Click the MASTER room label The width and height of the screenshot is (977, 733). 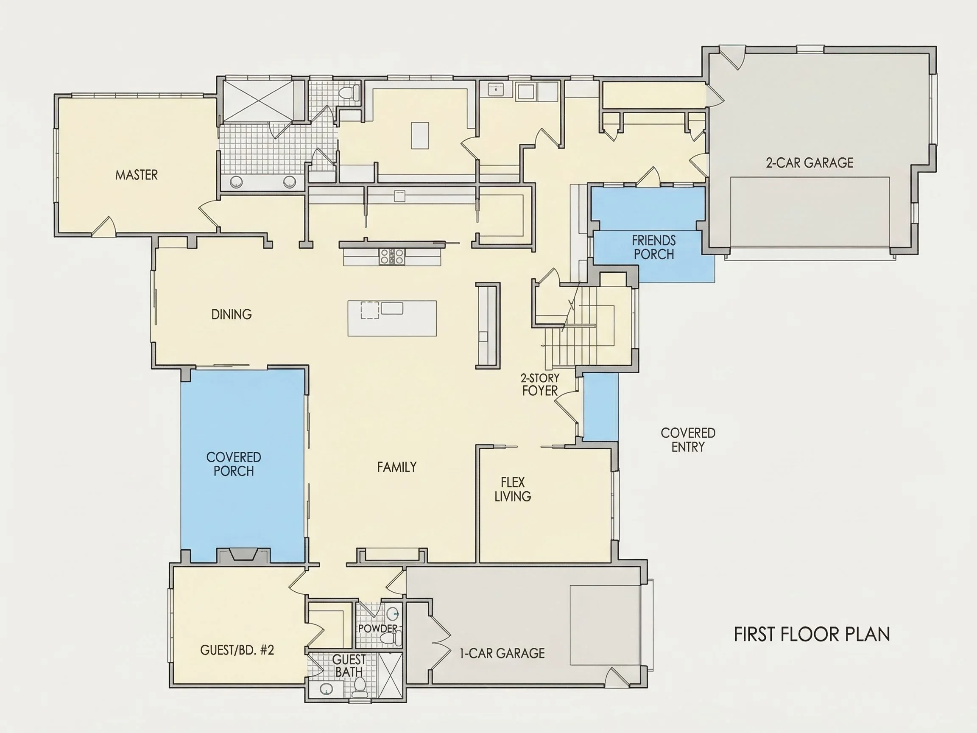click(x=137, y=175)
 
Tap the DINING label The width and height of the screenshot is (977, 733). click(x=232, y=314)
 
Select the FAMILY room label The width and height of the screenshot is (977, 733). click(x=396, y=467)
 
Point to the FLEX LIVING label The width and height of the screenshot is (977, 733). click(x=513, y=489)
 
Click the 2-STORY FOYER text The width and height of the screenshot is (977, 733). click(x=540, y=384)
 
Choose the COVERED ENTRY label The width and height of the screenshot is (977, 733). click(x=688, y=439)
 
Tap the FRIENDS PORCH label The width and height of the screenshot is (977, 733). click(x=654, y=247)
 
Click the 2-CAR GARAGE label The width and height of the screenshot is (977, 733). click(x=810, y=162)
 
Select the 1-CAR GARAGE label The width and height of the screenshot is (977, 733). click(x=502, y=653)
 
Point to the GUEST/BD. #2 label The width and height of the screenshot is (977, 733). click(x=237, y=649)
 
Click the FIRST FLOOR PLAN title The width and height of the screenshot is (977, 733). click(x=812, y=634)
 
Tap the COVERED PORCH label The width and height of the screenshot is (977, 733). click(x=234, y=464)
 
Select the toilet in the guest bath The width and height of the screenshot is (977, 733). click(x=360, y=687)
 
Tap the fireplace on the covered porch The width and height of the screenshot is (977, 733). click(x=243, y=554)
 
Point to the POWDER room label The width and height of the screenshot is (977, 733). click(x=378, y=628)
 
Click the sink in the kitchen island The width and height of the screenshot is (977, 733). click(x=392, y=308)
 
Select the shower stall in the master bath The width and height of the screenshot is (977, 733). click(x=258, y=100)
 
